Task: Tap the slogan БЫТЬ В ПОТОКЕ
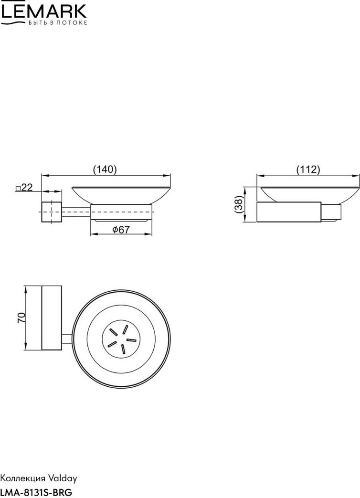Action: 57,23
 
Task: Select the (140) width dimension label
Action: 105,170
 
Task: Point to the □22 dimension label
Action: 24,187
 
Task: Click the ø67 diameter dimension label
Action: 121,229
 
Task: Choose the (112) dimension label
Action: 308,170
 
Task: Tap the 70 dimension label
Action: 21,318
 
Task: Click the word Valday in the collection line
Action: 63,478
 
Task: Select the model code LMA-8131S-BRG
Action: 36,492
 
